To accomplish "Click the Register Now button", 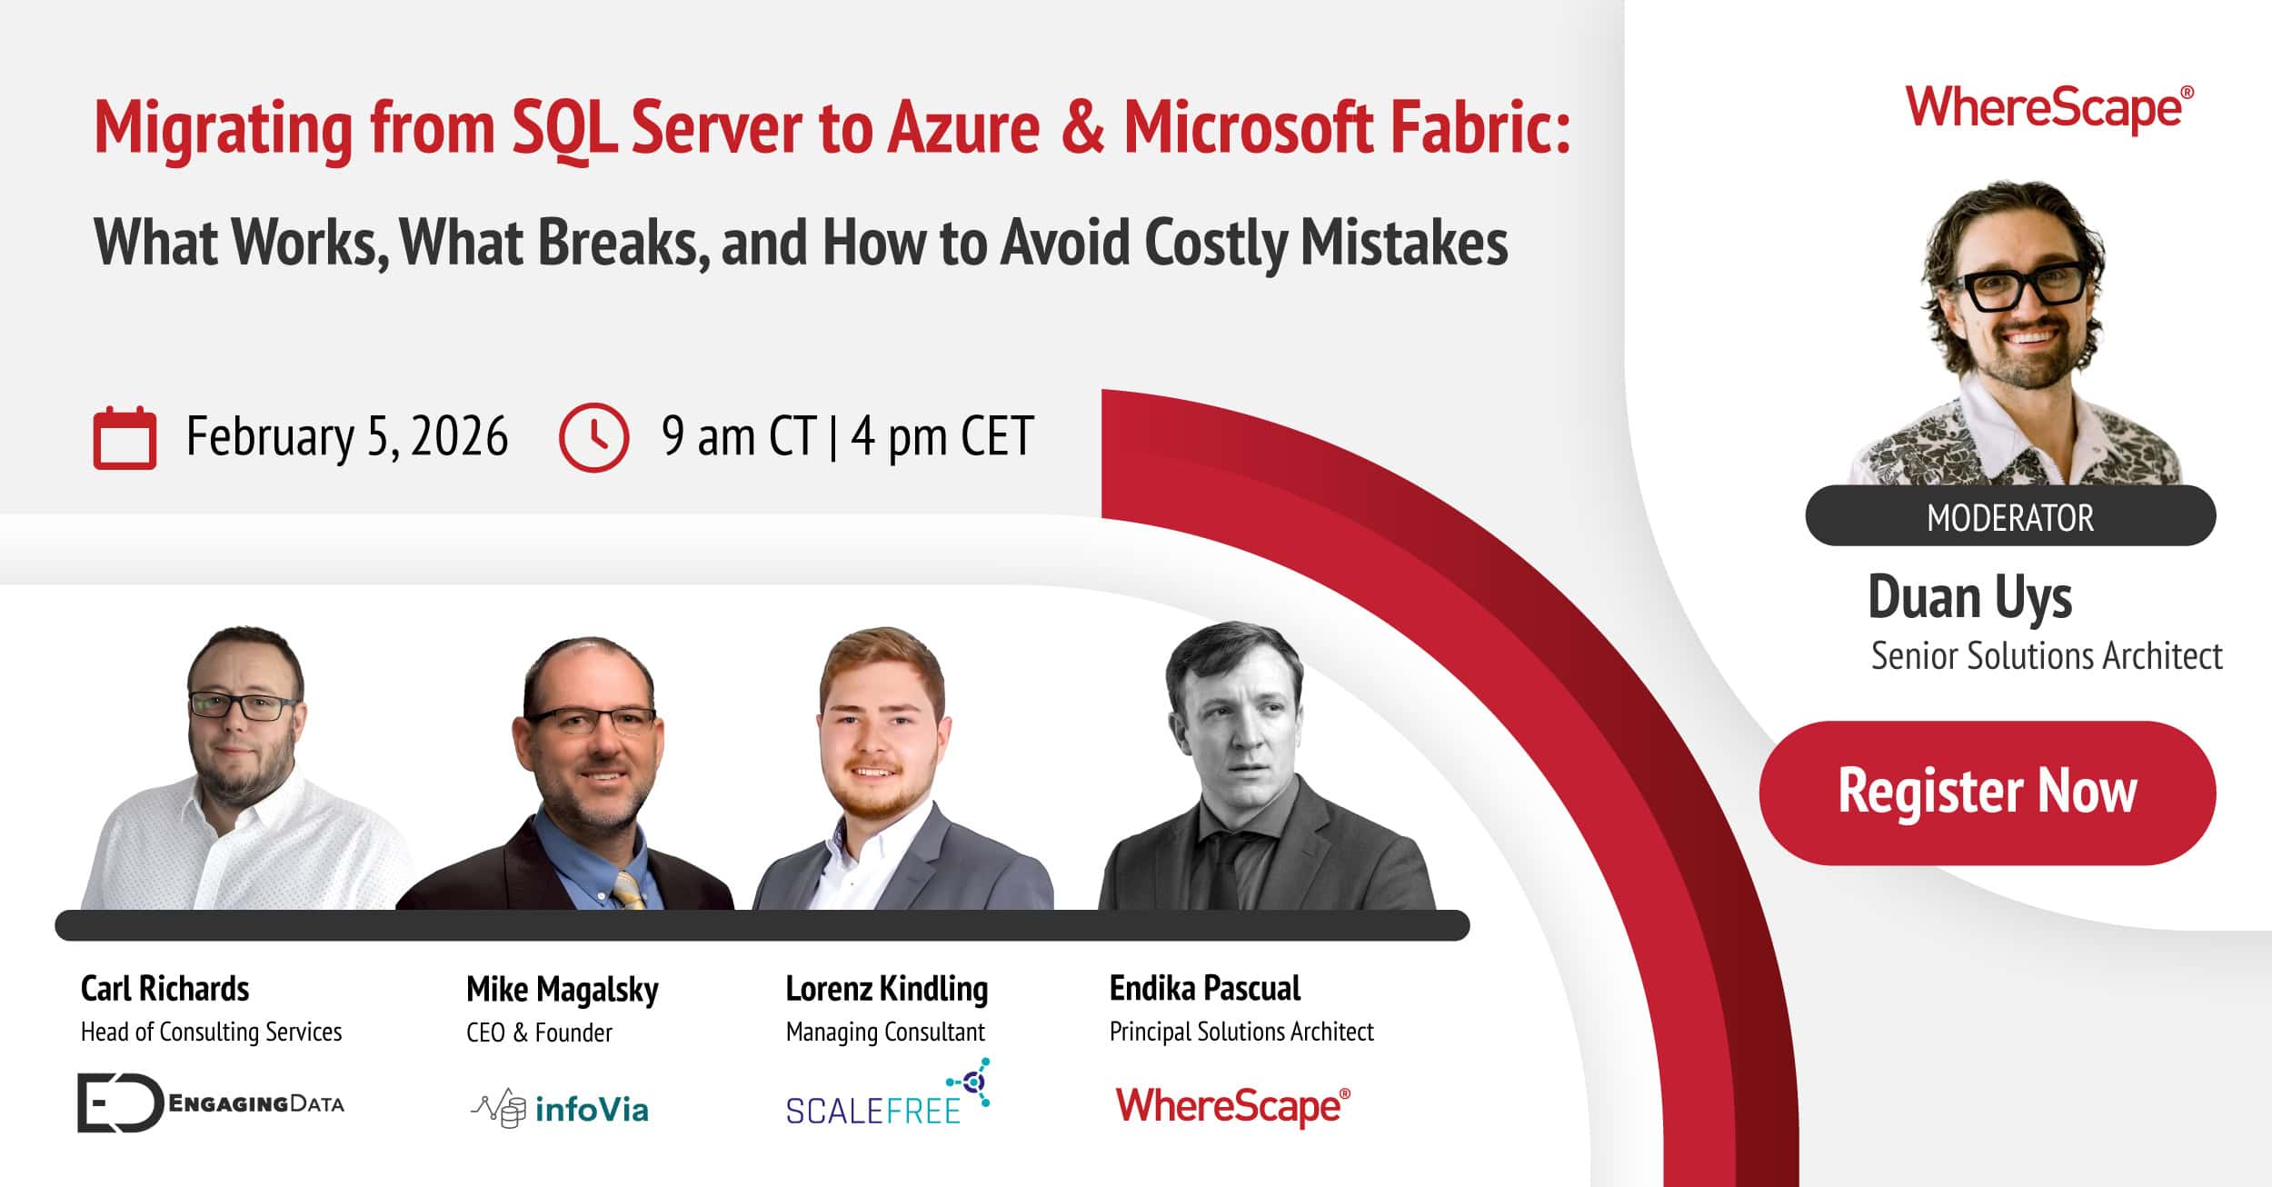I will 1987,792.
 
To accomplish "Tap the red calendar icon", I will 125,438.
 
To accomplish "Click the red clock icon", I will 593,438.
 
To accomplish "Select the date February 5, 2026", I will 346,437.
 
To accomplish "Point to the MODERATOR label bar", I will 2009,516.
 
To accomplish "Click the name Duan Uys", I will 1969,598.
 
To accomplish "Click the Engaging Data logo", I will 210,1103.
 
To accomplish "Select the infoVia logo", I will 560,1109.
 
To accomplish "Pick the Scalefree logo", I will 886,1094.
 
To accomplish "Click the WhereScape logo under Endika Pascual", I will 1232,1106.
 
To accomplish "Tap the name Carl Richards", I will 164,989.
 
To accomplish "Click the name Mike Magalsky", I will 562,990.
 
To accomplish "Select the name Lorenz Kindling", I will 886,989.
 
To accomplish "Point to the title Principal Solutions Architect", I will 1241,1032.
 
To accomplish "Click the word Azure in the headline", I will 963,127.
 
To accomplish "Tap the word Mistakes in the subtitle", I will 1403,243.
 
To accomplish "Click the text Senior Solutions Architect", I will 2046,656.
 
